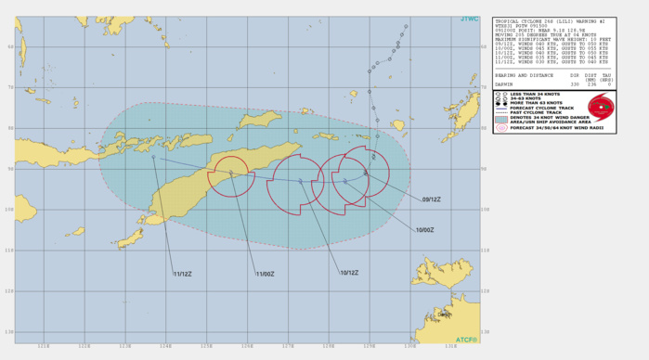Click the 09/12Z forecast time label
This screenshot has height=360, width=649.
coord(431,199)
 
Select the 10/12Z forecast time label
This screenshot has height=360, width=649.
coord(349,272)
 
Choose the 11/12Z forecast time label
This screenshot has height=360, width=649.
coord(181,273)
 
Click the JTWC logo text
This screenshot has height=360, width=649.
coord(469,19)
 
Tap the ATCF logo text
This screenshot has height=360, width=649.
coord(467,340)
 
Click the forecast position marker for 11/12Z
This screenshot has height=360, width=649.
coord(154,157)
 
